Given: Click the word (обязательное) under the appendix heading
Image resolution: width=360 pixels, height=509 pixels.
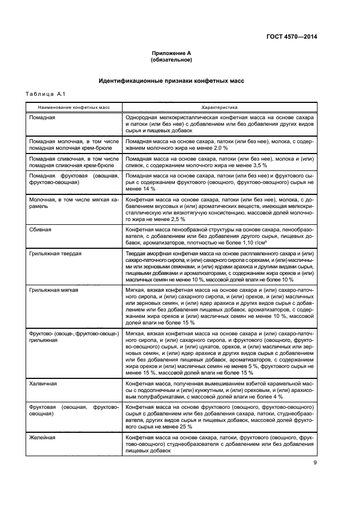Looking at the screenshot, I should [x=171, y=60].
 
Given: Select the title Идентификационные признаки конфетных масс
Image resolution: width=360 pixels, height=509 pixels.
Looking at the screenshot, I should [x=171, y=81].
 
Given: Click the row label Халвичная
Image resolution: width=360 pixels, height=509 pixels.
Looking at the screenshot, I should [x=44, y=384].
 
